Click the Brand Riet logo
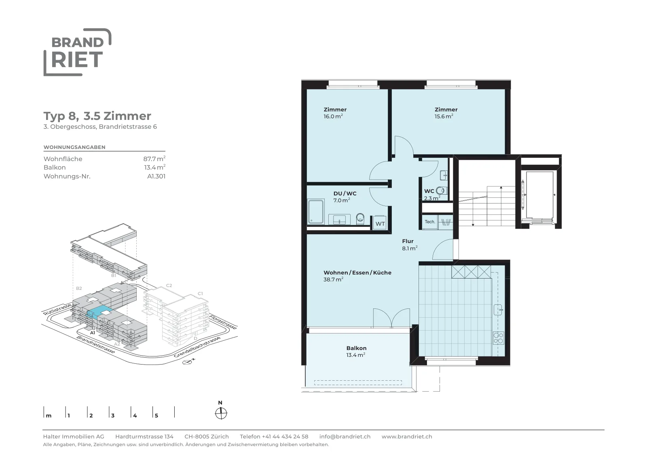(x=77, y=52)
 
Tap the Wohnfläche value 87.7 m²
(x=154, y=159)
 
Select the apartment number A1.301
(x=156, y=176)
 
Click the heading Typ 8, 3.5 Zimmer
(x=97, y=116)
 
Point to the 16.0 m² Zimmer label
(x=335, y=113)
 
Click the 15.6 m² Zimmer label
(x=446, y=113)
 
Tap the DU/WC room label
(x=345, y=197)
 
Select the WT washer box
(x=380, y=223)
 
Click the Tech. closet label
(x=430, y=222)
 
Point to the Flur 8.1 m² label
(x=410, y=245)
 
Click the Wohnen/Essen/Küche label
(x=357, y=276)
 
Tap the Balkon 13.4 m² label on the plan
(x=356, y=352)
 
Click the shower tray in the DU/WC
(x=316, y=212)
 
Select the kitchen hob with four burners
(x=499, y=338)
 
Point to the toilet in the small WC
(x=441, y=190)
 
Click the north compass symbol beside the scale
(x=221, y=413)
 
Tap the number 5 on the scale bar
(x=156, y=415)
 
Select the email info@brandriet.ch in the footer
(x=345, y=436)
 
